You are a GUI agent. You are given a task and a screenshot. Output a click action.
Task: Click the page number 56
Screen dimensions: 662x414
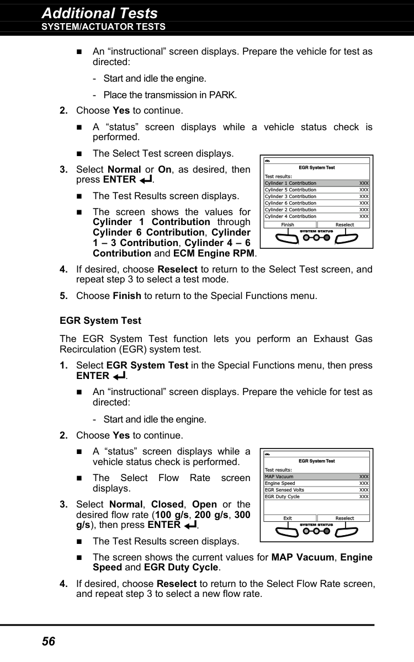49,641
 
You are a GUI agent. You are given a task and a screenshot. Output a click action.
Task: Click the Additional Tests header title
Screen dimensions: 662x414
99,13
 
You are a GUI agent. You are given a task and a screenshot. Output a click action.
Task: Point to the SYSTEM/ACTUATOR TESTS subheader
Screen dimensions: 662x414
103,27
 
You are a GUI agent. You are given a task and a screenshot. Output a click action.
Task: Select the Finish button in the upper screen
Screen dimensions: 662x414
288,225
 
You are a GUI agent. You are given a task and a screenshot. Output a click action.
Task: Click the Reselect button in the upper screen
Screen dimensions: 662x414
344,225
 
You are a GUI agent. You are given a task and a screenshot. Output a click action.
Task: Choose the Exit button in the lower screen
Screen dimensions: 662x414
288,518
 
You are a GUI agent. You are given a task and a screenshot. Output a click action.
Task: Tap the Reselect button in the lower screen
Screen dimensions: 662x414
344,518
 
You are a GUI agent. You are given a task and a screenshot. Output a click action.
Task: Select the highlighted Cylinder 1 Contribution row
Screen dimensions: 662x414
316,183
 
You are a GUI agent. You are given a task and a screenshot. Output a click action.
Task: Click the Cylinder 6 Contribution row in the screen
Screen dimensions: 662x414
316,203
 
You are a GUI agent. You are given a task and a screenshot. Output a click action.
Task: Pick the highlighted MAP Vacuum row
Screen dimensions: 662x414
316,477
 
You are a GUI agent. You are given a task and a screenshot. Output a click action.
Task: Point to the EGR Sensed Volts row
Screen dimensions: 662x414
316,490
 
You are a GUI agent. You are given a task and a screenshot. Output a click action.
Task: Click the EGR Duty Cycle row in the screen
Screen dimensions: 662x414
316,496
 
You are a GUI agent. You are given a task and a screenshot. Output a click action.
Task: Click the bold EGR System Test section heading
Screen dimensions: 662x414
100,321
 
